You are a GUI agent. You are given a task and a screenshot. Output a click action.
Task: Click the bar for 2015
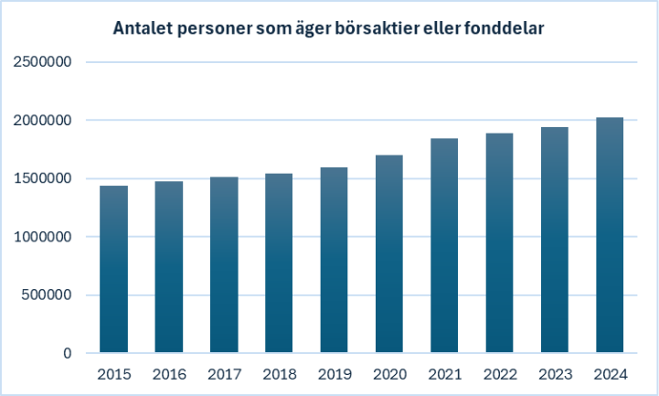[113, 270]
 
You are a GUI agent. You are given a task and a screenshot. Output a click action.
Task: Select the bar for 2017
[224, 265]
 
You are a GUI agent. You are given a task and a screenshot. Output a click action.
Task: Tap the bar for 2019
[334, 261]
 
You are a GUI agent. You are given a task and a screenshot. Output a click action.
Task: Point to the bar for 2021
[444, 246]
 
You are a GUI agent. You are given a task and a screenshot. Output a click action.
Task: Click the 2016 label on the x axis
[169, 375]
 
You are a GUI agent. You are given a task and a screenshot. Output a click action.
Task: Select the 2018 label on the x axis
[279, 375]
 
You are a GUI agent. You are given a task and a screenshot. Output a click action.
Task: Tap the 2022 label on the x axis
[499, 375]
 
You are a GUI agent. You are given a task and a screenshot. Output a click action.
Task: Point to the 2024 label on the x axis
[609, 375]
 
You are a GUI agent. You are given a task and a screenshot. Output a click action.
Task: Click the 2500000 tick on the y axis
[42, 62]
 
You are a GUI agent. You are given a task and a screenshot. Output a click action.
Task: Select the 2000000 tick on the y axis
[42, 121]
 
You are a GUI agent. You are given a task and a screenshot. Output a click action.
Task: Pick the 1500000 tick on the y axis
[42, 178]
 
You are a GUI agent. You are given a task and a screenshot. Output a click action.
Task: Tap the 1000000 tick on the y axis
[42, 237]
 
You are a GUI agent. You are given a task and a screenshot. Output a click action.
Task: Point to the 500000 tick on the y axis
[47, 294]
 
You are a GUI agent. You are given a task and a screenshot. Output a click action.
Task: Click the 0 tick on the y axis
[68, 353]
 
